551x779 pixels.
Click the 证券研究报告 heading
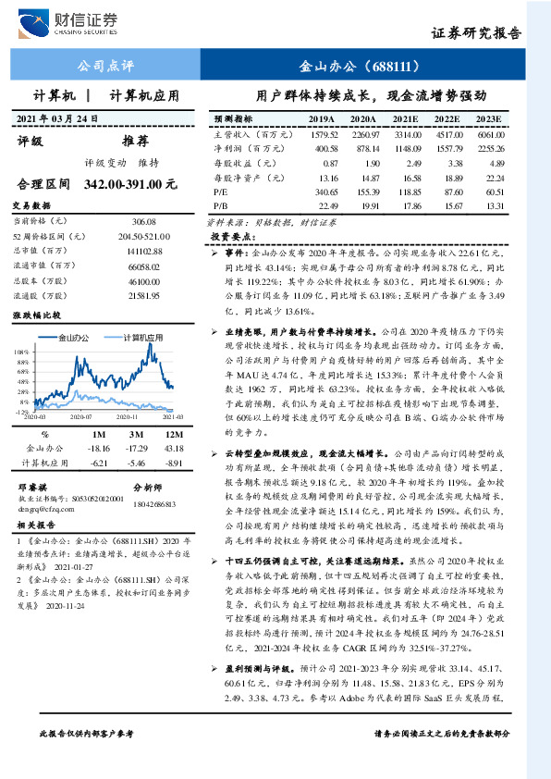[x=476, y=33]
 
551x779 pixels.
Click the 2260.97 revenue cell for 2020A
[x=362, y=134]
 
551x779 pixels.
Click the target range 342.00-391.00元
[x=129, y=184]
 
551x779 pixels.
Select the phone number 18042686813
[x=154, y=503]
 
